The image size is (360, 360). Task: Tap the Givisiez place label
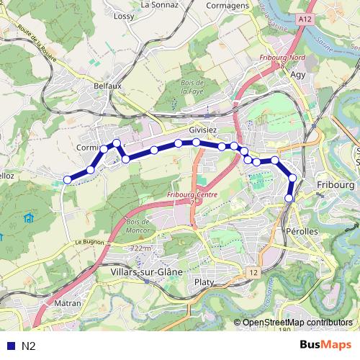[202, 130]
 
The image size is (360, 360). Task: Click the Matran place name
[67, 304]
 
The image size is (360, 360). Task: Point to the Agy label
[298, 73]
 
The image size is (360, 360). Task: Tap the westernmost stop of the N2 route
[67, 179]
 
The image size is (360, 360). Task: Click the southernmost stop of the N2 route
[289, 197]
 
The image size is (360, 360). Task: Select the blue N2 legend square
[11, 346]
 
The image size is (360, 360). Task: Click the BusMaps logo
[325, 345]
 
